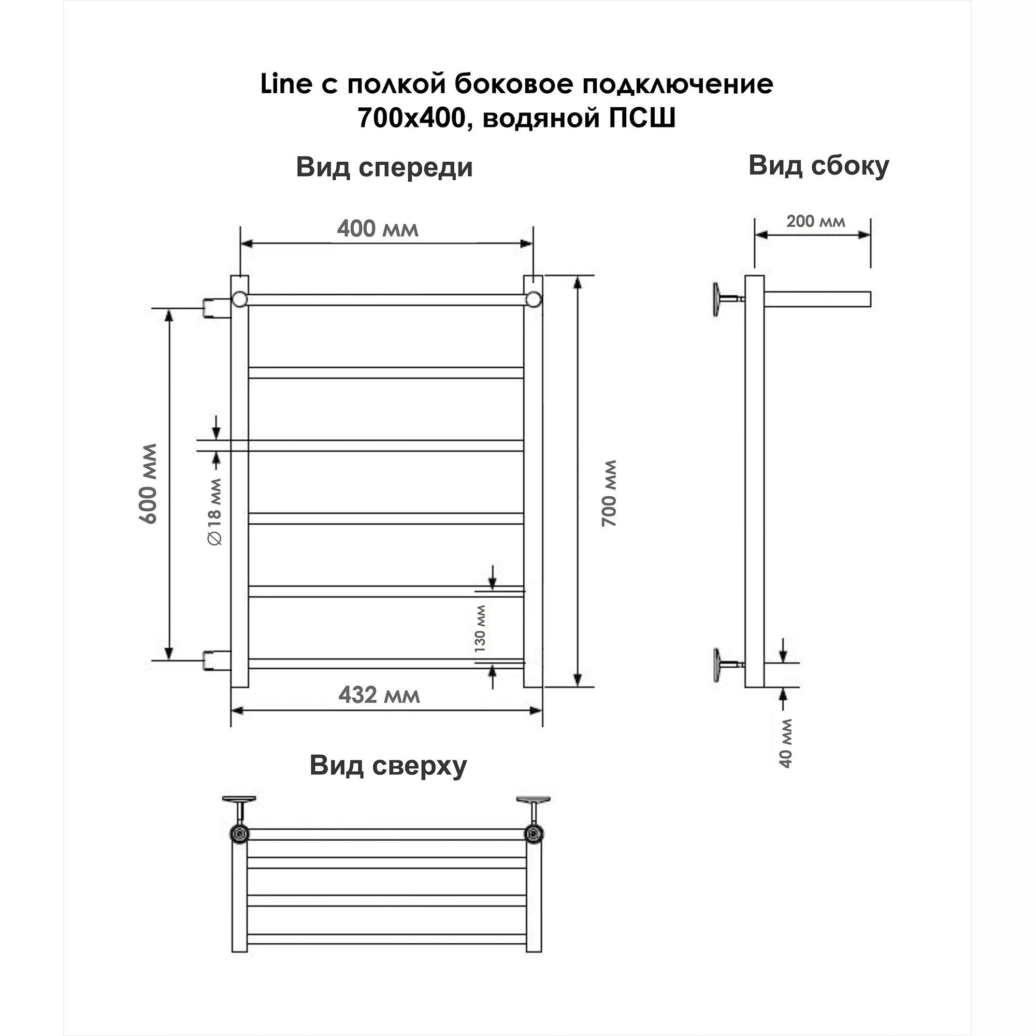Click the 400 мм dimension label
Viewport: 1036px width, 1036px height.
pos(378,229)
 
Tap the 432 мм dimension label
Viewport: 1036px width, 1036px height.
pos(379,696)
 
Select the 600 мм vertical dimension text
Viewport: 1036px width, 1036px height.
pos(148,484)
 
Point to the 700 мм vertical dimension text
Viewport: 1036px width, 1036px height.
pos(609,493)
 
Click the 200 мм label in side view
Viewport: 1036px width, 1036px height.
pos(815,222)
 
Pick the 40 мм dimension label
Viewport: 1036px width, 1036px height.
pos(786,743)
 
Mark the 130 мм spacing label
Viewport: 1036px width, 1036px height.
pos(480,628)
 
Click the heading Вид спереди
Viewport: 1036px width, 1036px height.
pos(384,167)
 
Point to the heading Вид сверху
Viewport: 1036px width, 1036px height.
pos(387,766)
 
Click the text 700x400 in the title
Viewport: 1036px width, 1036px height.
pos(411,118)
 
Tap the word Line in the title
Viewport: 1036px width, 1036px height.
pos(286,84)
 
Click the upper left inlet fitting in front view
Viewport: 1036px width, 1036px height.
pos(216,308)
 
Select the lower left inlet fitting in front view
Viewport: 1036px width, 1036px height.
pos(216,660)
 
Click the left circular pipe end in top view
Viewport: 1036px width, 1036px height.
pos(240,833)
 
